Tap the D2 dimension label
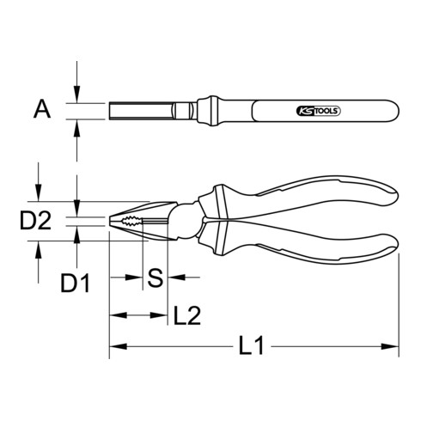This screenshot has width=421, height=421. (36, 222)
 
